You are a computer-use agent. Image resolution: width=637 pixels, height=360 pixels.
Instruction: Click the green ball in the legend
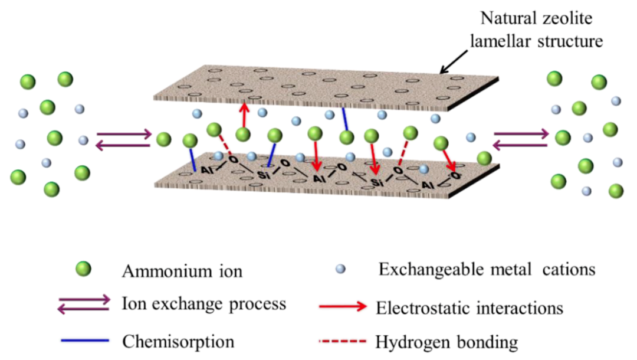point(83,269)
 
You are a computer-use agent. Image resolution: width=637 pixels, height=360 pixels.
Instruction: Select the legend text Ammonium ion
point(182,271)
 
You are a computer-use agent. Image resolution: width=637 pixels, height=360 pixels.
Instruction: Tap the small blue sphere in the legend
point(340,269)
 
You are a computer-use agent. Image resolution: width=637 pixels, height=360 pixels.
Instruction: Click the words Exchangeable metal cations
point(487,269)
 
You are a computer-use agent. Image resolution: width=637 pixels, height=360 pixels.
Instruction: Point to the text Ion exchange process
point(204,304)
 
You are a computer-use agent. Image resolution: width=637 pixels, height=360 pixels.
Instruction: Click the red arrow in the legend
point(343,306)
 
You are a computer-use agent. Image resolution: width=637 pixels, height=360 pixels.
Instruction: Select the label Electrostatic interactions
point(469,307)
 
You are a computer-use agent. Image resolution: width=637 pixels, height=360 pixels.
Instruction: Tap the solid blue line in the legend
point(85,341)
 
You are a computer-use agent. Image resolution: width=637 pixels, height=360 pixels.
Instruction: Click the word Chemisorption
point(178,342)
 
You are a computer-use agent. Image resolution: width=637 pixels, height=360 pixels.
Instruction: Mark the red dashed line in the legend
point(343,341)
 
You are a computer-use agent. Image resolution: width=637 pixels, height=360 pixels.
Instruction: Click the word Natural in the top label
point(506,18)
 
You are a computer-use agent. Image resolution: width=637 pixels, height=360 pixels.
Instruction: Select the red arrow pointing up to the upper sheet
point(244,116)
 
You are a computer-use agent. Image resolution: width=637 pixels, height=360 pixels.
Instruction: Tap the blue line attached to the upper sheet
point(344,119)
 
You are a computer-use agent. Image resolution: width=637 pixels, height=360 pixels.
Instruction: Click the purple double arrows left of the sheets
point(124,139)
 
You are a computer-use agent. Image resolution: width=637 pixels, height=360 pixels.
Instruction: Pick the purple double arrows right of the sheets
point(521,139)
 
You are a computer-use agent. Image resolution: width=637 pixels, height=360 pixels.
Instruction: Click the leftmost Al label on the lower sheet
point(207,170)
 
